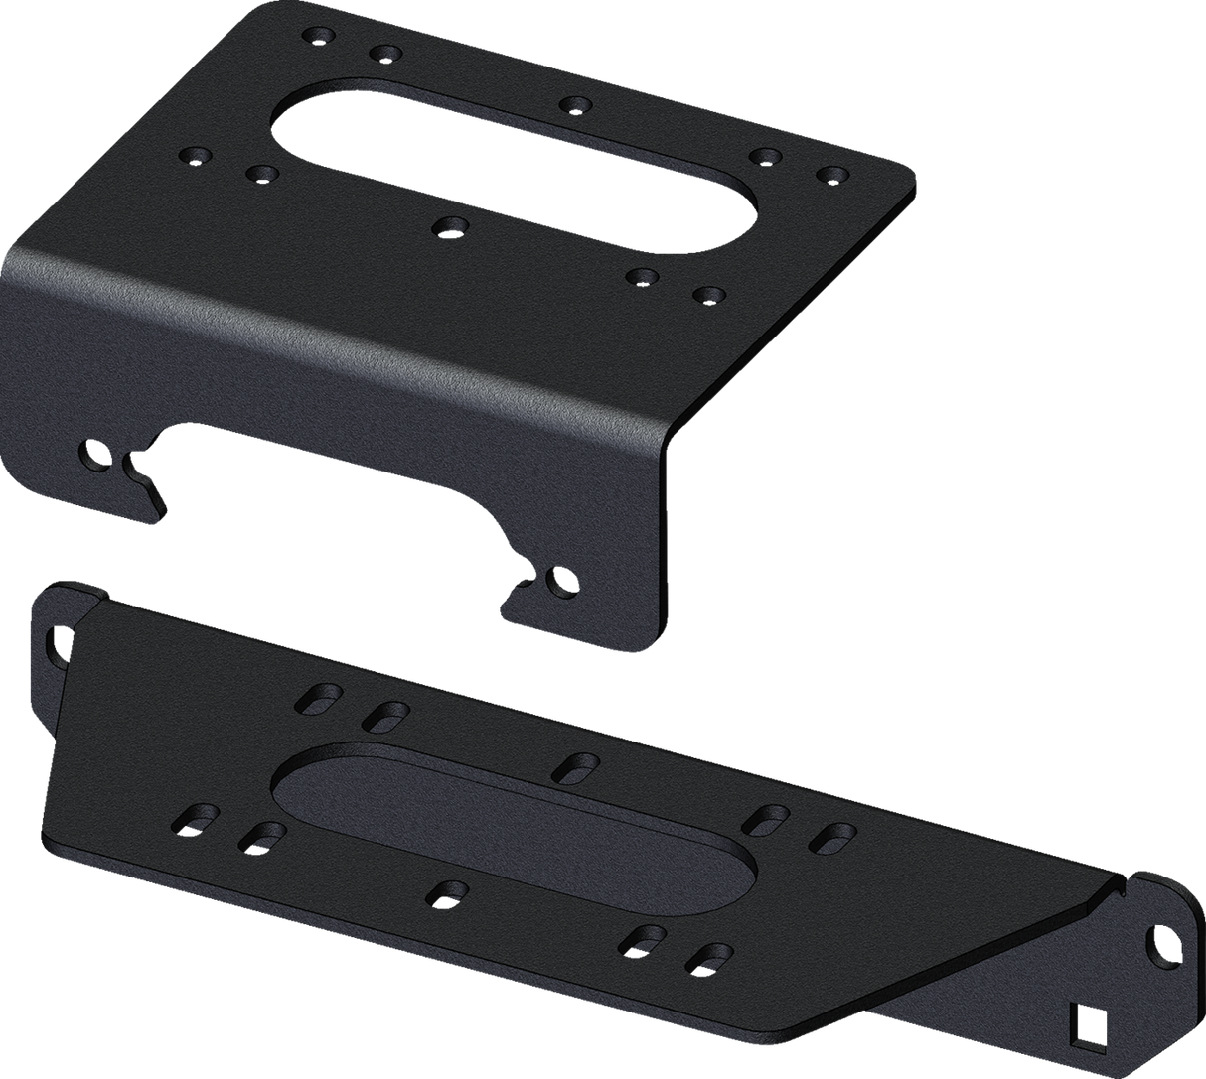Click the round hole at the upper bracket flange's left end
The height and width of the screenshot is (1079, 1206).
pyautogui.click(x=95, y=454)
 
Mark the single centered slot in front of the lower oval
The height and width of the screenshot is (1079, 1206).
pyautogui.click(x=443, y=891)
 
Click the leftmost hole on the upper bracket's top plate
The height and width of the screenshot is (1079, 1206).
pyautogui.click(x=195, y=157)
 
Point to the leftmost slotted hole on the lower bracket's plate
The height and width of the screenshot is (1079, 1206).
pyautogui.click(x=192, y=818)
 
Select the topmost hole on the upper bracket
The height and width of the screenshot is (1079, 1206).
pyautogui.click(x=321, y=36)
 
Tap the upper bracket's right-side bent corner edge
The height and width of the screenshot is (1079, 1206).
pyautogui.click(x=685, y=437)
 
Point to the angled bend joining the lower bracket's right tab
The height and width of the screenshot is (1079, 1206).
pyautogui.click(x=1103, y=898)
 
